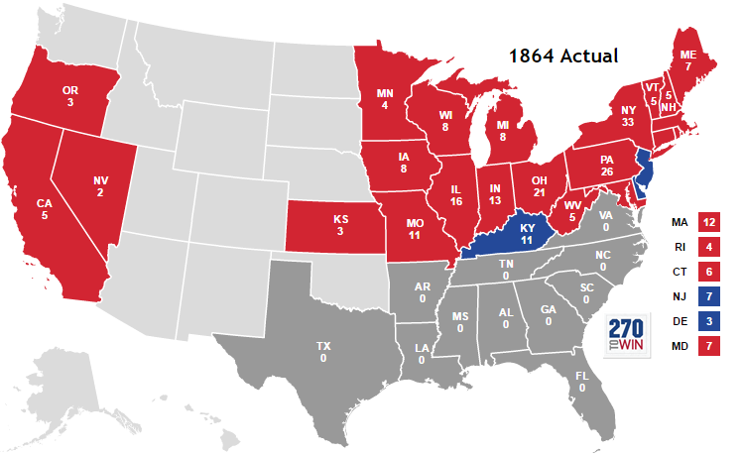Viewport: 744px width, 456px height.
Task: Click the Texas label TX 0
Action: pyautogui.click(x=323, y=352)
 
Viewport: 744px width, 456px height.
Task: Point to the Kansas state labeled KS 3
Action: pyautogui.click(x=339, y=224)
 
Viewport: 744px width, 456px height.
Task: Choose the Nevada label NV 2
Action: pyautogui.click(x=100, y=186)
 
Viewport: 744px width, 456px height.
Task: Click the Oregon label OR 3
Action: pyautogui.click(x=70, y=96)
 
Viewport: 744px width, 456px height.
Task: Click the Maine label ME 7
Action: pyautogui.click(x=687, y=59)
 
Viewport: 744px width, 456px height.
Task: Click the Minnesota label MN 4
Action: pyautogui.click(x=386, y=98)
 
